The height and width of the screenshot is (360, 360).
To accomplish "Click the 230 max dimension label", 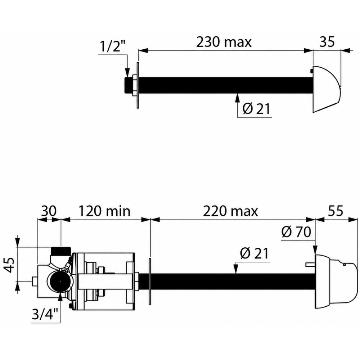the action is click(224, 42).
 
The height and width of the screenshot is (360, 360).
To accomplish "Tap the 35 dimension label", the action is click(327, 42).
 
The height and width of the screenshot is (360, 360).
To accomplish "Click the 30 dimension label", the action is click(49, 211).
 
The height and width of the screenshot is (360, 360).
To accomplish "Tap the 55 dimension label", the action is click(336, 211).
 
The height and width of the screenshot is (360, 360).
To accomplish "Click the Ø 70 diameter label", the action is click(296, 232).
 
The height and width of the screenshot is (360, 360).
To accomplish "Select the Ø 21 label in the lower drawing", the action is click(254, 253).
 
